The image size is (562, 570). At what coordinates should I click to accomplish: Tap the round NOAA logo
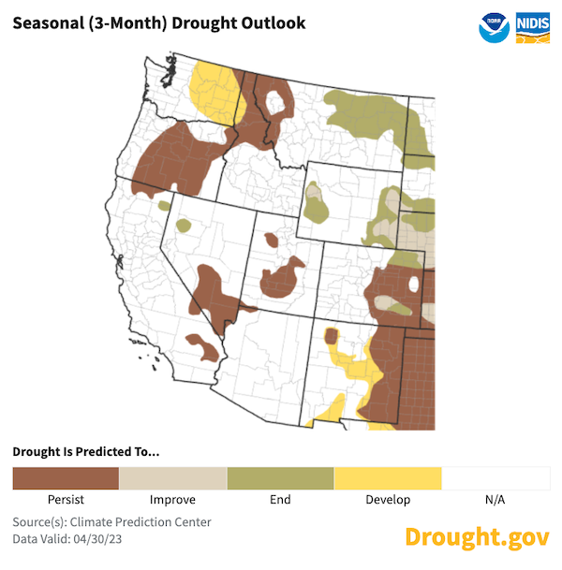point(494,27)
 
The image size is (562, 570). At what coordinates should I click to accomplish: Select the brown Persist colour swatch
point(66,478)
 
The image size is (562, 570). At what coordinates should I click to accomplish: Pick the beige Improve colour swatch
point(173,478)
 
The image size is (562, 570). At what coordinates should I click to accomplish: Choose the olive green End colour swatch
point(281,478)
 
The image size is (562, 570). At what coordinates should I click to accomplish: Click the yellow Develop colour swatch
point(388,478)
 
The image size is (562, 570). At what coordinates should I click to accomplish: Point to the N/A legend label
point(495,500)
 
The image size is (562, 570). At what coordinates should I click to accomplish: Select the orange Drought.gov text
point(477,536)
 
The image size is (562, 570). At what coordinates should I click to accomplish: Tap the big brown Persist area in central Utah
point(281,279)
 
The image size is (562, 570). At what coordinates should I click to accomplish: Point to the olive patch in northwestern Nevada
point(183,226)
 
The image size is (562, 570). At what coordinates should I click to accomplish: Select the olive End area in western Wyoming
point(317,203)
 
